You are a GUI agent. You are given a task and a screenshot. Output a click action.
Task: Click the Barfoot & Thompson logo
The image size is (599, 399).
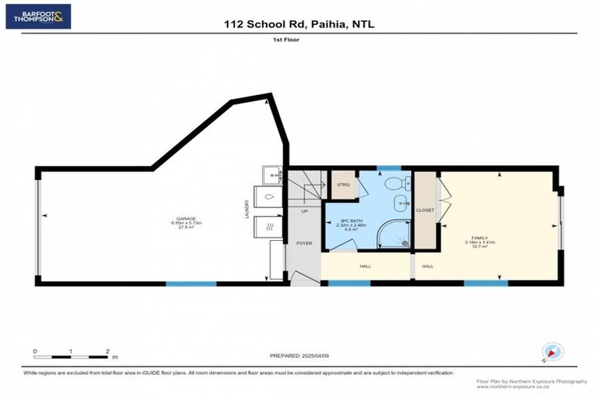[37, 15]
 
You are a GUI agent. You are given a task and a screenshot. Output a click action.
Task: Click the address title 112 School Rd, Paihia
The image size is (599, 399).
[299, 24]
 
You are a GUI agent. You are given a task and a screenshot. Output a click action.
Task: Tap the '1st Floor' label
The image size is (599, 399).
[299, 38]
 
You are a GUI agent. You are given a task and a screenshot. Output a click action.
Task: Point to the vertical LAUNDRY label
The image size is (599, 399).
[247, 210]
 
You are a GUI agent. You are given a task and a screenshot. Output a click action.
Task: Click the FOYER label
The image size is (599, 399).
[304, 243]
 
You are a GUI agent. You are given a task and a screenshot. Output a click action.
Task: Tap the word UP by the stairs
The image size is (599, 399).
[304, 210]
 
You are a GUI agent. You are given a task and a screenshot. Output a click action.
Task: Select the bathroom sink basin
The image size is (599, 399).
[401, 204]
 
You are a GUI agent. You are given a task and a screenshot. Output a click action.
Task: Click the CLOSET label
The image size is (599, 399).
[425, 210]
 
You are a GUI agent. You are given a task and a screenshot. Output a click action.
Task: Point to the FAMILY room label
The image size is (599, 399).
[478, 238]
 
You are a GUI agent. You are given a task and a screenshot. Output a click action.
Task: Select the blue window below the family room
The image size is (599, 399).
[480, 283]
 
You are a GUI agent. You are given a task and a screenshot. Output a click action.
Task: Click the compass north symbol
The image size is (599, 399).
[554, 352]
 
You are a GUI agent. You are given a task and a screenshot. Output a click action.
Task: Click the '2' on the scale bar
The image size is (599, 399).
[107, 351]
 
